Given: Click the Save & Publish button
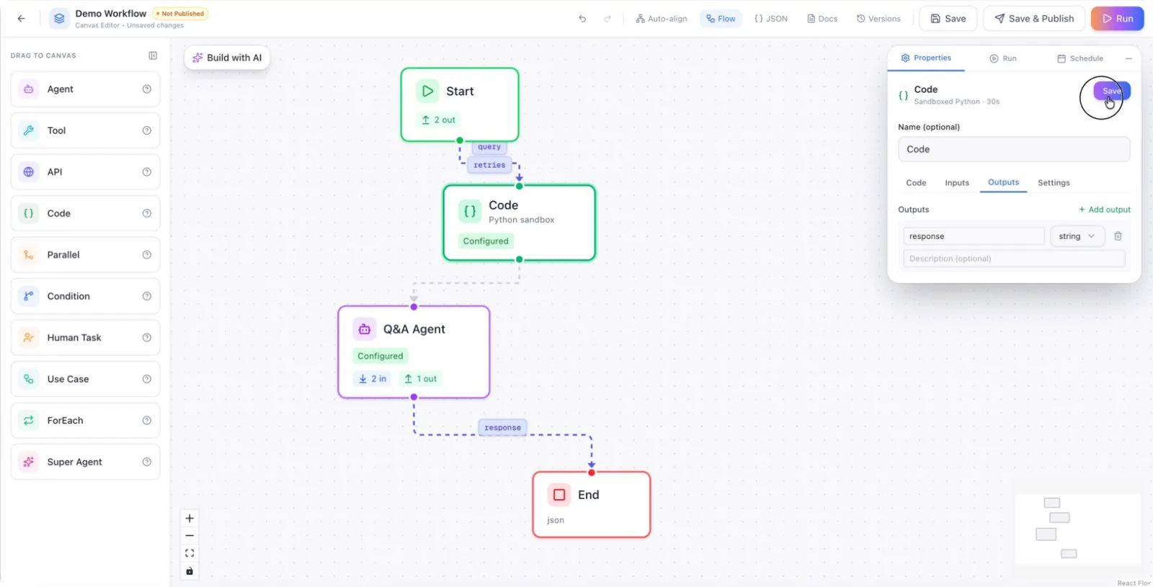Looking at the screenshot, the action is click(1033, 19).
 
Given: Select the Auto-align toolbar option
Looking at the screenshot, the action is click(661, 19).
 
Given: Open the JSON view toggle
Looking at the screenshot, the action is click(770, 19).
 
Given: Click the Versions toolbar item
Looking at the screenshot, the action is click(878, 19).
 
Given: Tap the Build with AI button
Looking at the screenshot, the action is click(227, 58).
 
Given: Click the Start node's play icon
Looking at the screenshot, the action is click(427, 91).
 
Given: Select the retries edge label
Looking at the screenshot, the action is click(489, 165).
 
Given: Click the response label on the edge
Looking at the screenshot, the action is click(502, 428).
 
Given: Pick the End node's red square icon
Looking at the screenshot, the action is click(559, 495).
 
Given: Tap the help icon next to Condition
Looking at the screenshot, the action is click(147, 296).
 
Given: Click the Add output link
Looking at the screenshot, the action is click(1104, 210).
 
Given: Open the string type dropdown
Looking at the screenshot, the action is click(1077, 236).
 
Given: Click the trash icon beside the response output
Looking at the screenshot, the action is click(1118, 236).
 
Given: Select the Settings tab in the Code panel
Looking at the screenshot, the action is click(1054, 183).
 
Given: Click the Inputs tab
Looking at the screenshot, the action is click(957, 183).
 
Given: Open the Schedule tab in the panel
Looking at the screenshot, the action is click(1080, 58).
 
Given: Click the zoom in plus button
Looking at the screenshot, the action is click(190, 518).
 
